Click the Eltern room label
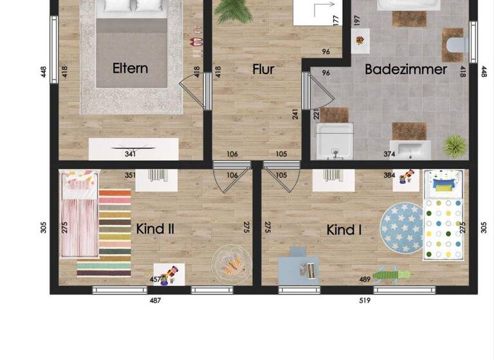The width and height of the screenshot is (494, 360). (130, 69)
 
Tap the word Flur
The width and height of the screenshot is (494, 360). (263, 69)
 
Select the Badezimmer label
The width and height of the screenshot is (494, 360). (405, 69)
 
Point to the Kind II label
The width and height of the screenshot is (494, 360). (155, 229)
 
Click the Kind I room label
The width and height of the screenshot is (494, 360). (344, 230)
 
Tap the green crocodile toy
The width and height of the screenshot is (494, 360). (391, 274)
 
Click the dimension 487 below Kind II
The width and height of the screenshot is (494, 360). (155, 300)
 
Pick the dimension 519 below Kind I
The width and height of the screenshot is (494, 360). (365, 300)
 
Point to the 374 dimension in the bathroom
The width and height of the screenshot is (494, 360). (389, 154)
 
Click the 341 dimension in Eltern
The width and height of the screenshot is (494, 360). (131, 154)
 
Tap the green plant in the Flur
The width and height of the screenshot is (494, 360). (234, 10)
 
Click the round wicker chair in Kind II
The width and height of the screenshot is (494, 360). (230, 262)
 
